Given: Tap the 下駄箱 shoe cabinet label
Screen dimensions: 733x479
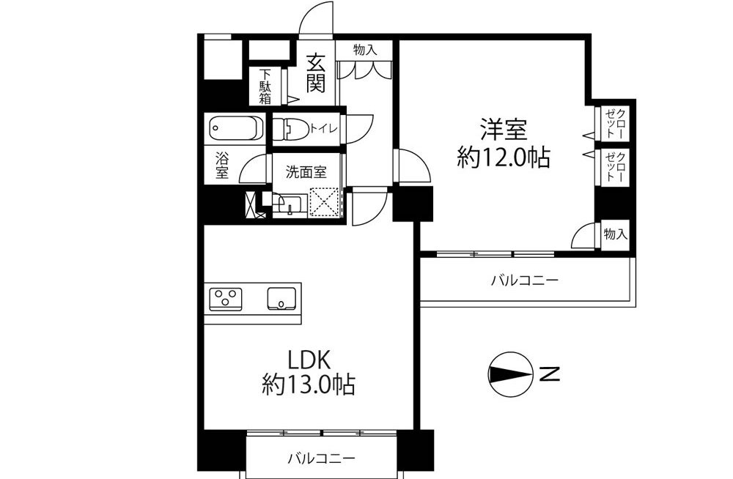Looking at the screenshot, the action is [265, 86].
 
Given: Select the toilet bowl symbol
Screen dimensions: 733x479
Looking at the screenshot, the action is [290, 128].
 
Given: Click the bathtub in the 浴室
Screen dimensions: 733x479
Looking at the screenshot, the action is [235, 128].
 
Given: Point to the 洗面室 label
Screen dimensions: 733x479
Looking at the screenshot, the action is [306, 172].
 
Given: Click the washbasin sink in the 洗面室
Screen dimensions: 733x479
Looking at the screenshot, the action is [290, 204].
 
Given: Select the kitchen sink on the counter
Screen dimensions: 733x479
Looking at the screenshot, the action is [281, 298].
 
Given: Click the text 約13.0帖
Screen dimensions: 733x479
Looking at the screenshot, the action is [309, 385].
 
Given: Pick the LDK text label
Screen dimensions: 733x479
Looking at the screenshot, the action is [309, 360].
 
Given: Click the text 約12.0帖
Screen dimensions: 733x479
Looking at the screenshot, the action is [504, 157].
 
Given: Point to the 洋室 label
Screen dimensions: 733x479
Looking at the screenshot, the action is [504, 130].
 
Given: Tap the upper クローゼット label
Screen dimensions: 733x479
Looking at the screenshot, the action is [615, 123].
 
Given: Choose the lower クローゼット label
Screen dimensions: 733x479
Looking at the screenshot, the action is [615, 166].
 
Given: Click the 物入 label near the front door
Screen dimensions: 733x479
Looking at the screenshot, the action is [365, 50].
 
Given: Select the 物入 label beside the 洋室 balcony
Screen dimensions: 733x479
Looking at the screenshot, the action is [615, 234].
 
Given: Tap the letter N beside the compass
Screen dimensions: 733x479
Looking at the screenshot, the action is [550, 374].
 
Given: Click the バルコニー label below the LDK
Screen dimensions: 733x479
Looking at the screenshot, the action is [321, 457].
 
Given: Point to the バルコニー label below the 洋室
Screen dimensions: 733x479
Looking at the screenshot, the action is [525, 281].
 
